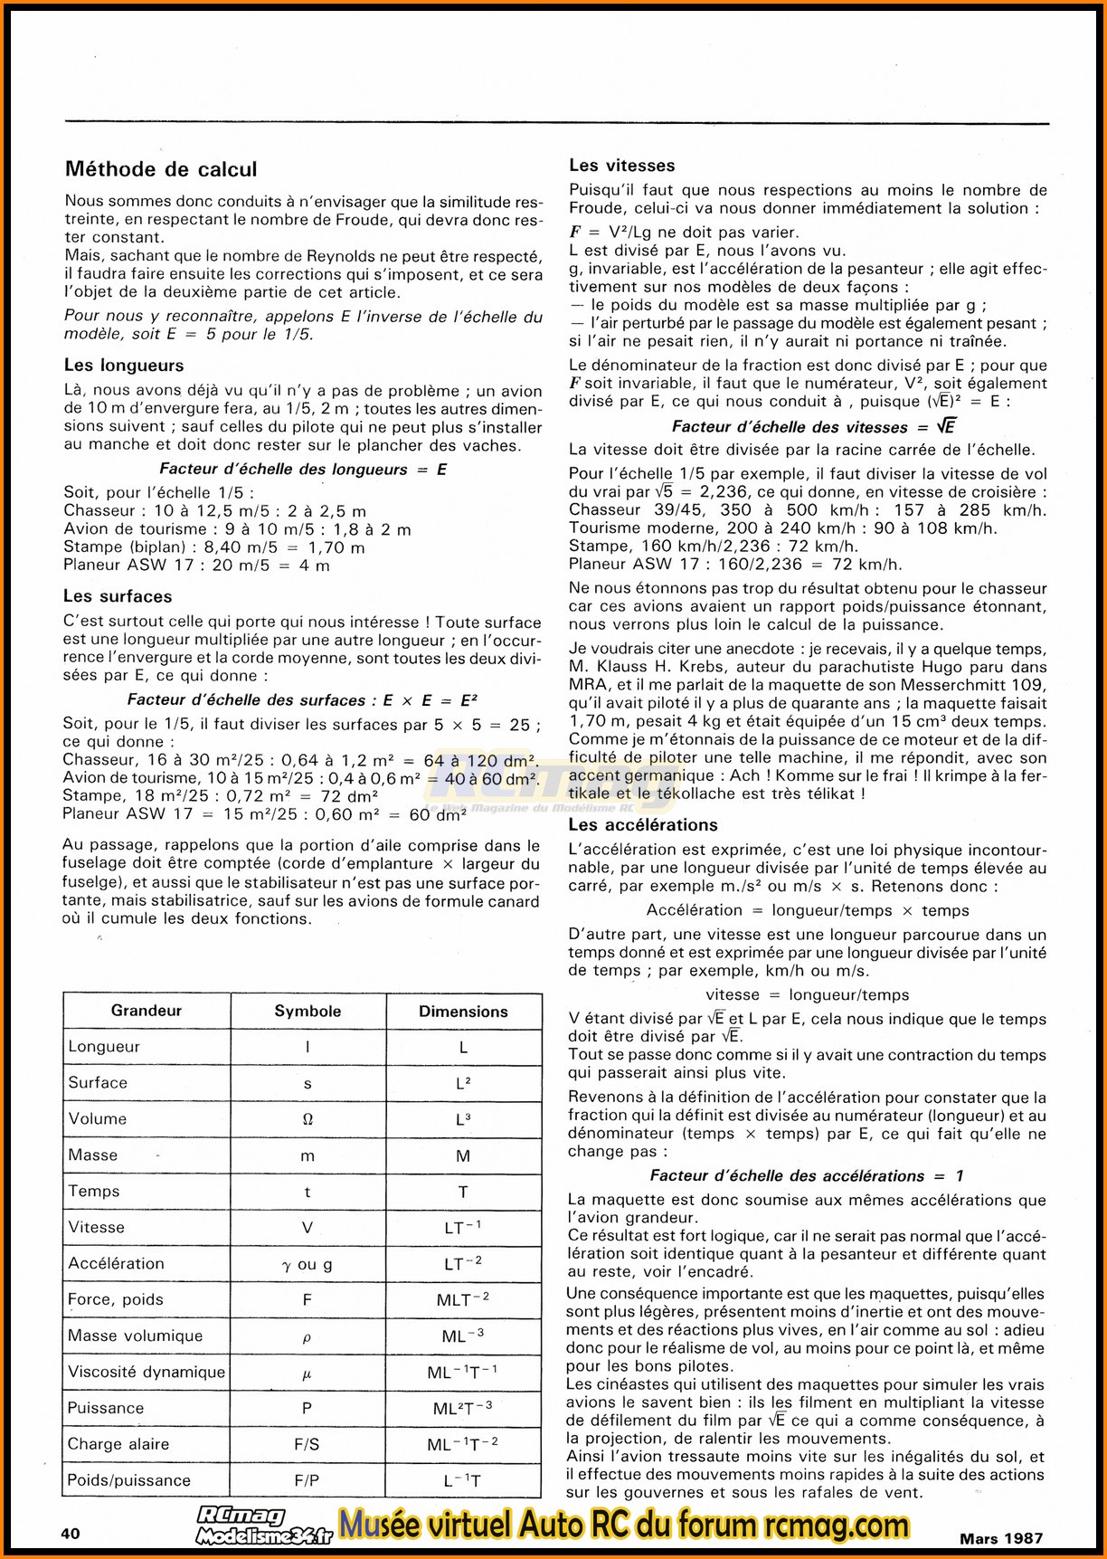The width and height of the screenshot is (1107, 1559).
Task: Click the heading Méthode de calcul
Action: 161,169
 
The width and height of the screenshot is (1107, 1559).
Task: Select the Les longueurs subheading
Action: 124,366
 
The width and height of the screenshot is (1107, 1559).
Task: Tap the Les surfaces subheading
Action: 118,596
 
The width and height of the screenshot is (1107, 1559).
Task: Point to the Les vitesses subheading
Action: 622,166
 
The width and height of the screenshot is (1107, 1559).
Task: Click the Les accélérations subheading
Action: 643,825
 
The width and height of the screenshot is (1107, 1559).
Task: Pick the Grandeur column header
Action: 147,1011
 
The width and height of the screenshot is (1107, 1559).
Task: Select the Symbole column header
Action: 307,1011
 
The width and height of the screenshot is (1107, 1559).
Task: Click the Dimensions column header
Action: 463,1011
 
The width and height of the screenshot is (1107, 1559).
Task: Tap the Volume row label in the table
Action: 98,1119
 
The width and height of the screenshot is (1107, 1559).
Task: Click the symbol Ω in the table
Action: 307,1119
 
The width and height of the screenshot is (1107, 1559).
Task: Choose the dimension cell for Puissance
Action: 463,1408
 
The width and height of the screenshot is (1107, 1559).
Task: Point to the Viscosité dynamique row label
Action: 147,1372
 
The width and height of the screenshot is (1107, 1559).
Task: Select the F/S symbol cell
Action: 307,1444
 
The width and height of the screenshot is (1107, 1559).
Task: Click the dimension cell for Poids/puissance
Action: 463,1480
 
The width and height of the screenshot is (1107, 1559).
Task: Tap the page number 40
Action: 71,1533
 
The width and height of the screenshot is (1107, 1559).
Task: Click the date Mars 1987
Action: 1001,1537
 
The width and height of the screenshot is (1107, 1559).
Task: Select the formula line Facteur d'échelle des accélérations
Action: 807,1175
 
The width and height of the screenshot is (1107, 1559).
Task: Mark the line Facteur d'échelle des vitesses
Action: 813,427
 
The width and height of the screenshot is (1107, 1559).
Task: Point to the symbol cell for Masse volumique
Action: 307,1336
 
